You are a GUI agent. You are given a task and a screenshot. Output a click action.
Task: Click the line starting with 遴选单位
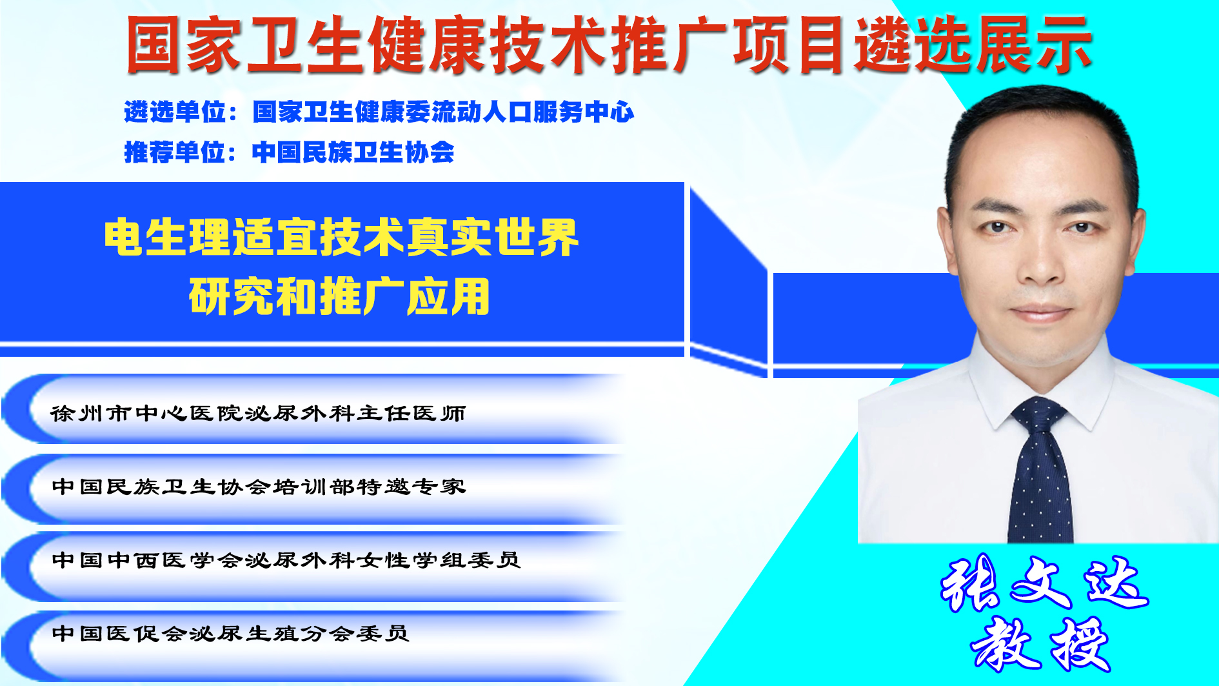tap(379, 112)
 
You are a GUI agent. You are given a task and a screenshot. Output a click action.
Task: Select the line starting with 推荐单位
tap(289, 152)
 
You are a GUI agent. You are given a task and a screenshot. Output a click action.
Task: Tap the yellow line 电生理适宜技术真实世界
tap(341, 237)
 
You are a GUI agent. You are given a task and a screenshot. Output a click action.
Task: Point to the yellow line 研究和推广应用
tap(339, 296)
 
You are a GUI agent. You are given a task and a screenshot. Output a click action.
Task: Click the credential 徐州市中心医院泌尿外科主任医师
tap(258, 413)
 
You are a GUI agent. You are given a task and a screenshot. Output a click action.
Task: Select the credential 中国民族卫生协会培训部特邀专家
tap(259, 487)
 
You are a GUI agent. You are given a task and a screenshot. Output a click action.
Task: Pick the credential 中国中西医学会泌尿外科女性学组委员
tap(286, 560)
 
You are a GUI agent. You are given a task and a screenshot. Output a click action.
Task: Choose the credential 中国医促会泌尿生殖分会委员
tap(230, 634)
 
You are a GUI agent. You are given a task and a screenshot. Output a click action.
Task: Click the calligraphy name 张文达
tap(1044, 584)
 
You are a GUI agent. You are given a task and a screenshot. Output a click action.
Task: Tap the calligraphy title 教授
tap(1040, 645)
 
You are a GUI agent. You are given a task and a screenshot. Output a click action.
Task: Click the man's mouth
tap(1041, 314)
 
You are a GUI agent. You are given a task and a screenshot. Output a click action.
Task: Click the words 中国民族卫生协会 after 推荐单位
tap(353, 152)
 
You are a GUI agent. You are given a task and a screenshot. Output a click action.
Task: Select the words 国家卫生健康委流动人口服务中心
tap(443, 112)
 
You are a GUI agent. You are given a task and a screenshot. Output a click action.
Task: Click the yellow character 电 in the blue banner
tap(123, 237)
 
